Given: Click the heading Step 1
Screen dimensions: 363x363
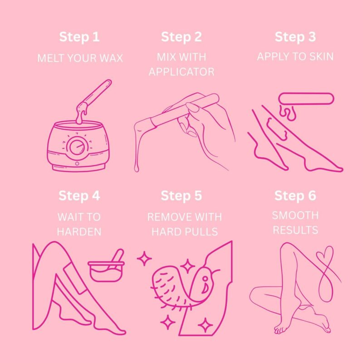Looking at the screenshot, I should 79,37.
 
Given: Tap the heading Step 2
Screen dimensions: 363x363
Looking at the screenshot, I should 181,37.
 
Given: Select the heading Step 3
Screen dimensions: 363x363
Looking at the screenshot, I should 295,37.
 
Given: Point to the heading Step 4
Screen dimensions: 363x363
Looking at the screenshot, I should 79,196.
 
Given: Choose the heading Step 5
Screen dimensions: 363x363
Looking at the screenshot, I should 181,196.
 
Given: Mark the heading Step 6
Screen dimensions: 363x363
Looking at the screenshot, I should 295,196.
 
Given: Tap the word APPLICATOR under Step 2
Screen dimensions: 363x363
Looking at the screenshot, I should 181,72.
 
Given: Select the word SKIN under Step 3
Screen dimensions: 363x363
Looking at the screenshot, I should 320,57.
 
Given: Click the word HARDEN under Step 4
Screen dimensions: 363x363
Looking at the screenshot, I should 79,231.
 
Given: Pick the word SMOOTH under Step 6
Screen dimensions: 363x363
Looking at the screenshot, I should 295,215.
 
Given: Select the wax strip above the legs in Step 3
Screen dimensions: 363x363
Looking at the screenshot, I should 307,98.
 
